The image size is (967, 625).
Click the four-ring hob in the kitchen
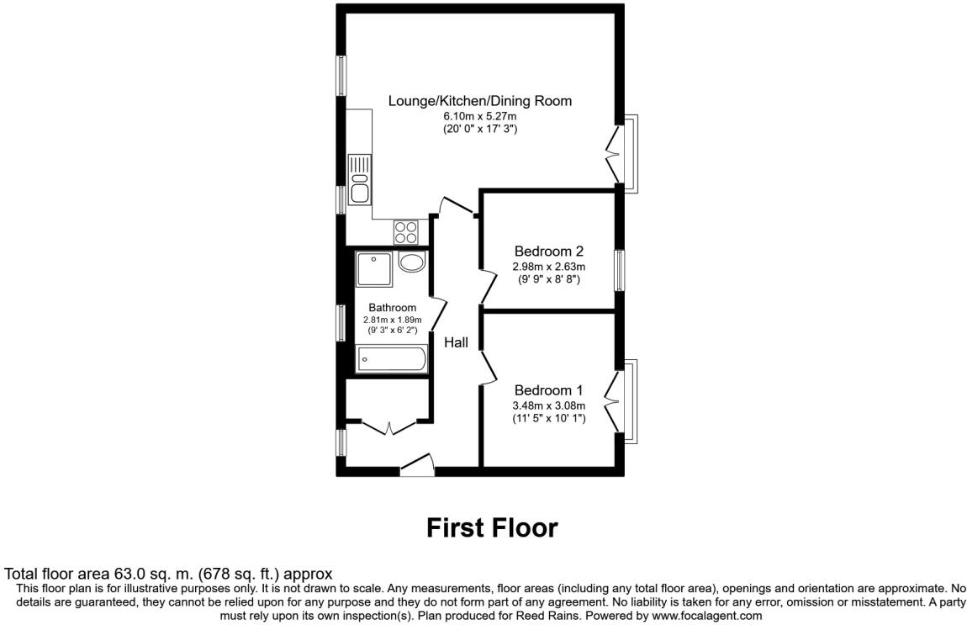pyautogui.click(x=405, y=230)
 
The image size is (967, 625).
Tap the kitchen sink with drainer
pyautogui.click(x=361, y=179)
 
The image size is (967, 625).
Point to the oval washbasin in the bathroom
pyautogui.click(x=411, y=262)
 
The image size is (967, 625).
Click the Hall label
pyautogui.click(x=456, y=342)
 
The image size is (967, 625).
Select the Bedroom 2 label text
pyautogui.click(x=548, y=251)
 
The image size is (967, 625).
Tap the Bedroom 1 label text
pyautogui.click(x=548, y=390)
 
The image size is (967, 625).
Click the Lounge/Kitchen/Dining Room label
pyautogui.click(x=479, y=101)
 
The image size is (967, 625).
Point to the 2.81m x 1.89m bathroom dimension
pyautogui.click(x=392, y=320)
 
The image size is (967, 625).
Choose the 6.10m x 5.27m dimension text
pyautogui.click(x=479, y=116)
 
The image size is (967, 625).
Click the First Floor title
pyautogui.click(x=491, y=527)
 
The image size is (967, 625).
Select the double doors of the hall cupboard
pyautogui.click(x=388, y=426)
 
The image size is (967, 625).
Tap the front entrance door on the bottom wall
pyautogui.click(x=416, y=463)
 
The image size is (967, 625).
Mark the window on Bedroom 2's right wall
pyautogui.click(x=619, y=271)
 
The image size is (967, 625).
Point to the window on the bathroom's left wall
pyautogui.click(x=341, y=322)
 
